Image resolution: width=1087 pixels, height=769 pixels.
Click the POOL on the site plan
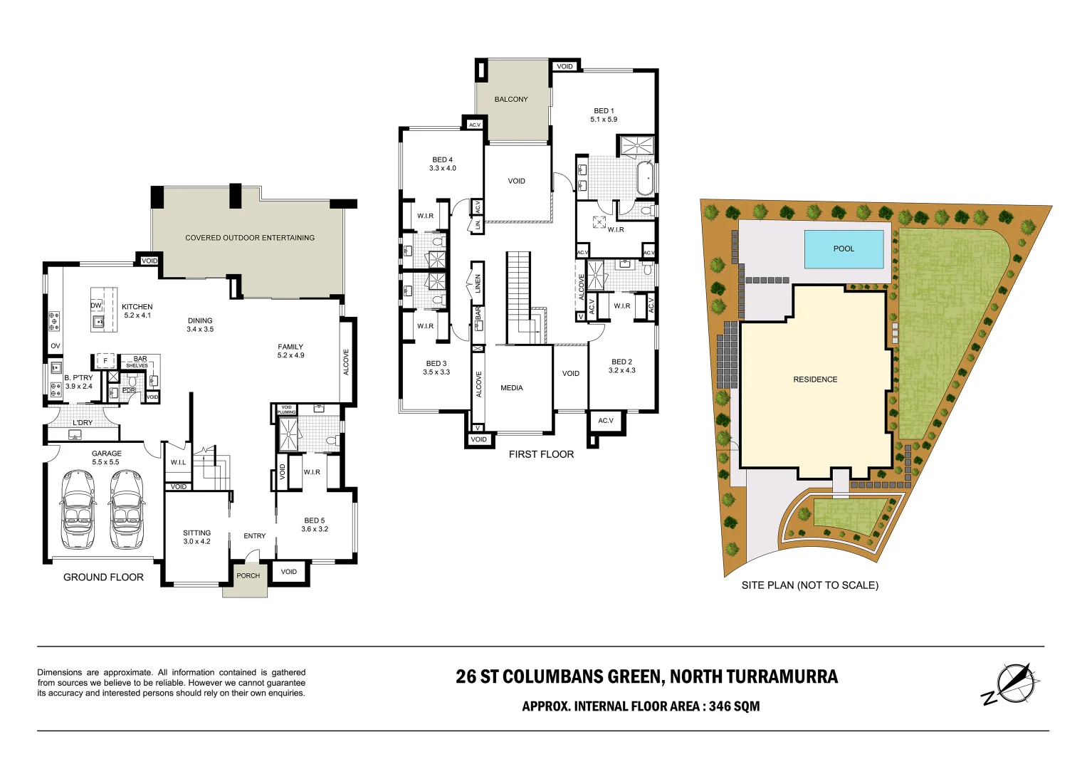844,249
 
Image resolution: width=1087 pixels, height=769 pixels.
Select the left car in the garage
78,509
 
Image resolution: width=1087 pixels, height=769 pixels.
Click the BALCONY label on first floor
511,100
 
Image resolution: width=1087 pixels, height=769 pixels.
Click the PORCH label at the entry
248,575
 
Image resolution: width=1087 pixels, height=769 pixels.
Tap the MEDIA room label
511,388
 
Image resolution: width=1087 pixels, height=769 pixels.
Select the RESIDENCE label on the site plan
815,380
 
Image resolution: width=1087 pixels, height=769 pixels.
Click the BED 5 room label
314,520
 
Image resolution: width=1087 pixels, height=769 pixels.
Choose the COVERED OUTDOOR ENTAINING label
250,238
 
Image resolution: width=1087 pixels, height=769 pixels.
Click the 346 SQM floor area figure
734,706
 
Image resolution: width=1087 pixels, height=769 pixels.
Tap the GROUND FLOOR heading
103,577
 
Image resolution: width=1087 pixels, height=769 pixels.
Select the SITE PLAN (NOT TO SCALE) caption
809,585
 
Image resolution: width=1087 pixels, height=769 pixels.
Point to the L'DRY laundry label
83,422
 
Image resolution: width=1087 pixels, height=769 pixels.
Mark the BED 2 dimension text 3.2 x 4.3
621,370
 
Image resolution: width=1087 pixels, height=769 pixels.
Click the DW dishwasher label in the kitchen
96,305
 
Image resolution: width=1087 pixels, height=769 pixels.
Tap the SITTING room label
196,533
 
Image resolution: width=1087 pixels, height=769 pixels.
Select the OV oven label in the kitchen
56,346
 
